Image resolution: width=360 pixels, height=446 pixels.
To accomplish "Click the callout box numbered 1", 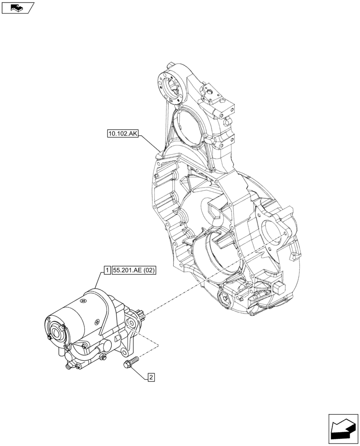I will click(x=107, y=270).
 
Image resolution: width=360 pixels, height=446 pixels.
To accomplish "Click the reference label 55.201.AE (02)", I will click(x=134, y=270).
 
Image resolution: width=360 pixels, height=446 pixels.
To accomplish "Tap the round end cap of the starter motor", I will click(x=56, y=332).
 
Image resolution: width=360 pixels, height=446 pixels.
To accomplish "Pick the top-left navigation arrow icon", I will click(x=17, y=7).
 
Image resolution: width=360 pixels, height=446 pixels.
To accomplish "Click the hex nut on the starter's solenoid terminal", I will click(x=103, y=357).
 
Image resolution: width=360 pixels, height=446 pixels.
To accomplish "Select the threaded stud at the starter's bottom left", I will click(x=68, y=367).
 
